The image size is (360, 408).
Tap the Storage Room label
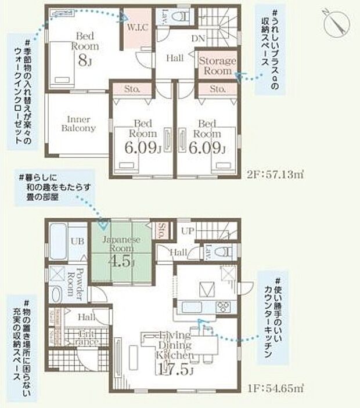tap(218, 66)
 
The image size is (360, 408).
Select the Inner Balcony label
tap(79, 124)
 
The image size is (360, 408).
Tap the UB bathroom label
tap(75, 241)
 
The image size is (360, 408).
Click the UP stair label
tap(188, 230)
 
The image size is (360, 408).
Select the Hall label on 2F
tap(174, 58)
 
